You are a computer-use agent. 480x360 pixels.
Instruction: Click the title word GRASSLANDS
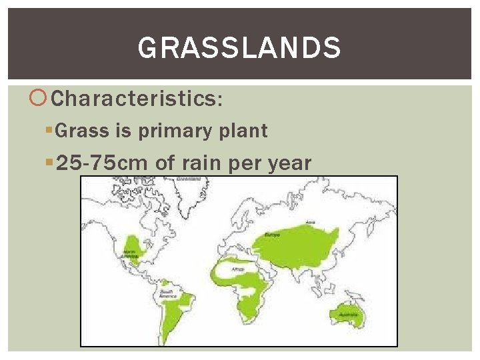tap(239, 48)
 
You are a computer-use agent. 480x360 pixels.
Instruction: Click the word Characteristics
tap(133, 99)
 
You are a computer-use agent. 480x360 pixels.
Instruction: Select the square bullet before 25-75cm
tap(50, 163)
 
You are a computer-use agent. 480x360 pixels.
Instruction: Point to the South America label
tap(167, 294)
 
